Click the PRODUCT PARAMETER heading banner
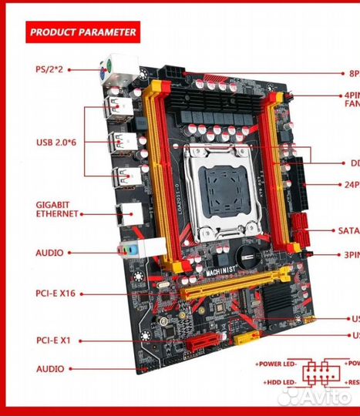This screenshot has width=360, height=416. [x=82, y=32]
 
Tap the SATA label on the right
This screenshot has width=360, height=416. [x=348, y=230]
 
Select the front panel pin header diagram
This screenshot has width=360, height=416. [x=318, y=373]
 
